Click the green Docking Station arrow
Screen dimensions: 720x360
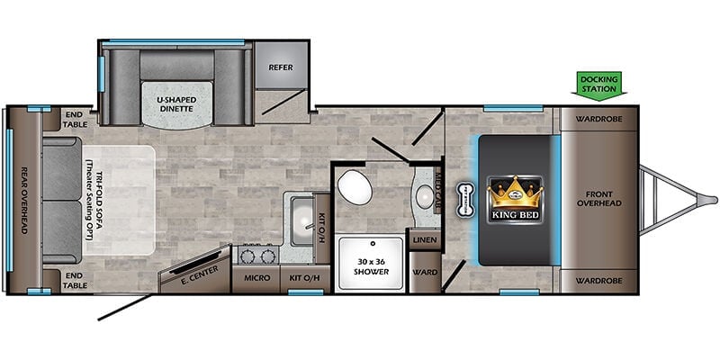point(598,84)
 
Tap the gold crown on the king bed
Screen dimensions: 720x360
point(514,193)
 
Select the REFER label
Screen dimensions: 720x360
point(281,67)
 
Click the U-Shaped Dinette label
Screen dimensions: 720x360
point(176,104)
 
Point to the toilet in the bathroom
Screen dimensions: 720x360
point(355,187)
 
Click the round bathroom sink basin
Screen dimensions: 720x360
point(425,196)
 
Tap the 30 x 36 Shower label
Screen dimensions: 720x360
point(371,266)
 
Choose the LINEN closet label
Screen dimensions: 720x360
point(425,240)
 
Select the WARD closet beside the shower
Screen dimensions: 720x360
point(425,273)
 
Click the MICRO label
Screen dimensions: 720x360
point(256,278)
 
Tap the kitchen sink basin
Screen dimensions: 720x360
point(302,220)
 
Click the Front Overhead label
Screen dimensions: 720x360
point(599,198)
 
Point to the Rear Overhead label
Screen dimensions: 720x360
point(24,200)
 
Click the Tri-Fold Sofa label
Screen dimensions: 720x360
point(94,205)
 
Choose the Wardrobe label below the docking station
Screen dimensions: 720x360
point(599,119)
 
